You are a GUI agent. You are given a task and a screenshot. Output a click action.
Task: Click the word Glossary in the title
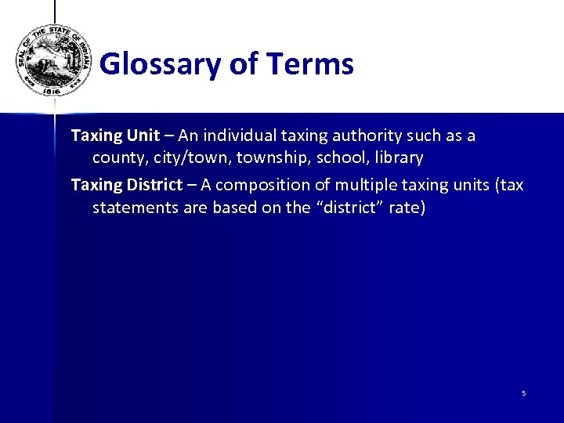(161, 63)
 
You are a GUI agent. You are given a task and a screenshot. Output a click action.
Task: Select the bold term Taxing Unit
(115, 136)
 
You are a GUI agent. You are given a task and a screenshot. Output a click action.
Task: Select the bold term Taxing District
(126, 185)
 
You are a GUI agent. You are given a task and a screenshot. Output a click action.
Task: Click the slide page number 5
(523, 393)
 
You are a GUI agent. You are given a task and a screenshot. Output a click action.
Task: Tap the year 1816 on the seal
(52, 91)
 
